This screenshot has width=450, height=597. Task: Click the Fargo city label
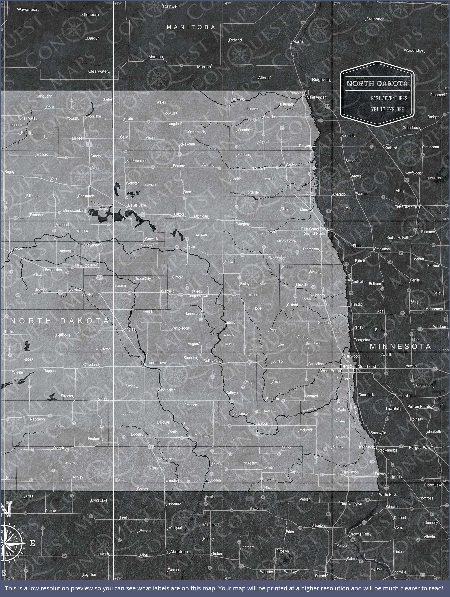click(x=346, y=366)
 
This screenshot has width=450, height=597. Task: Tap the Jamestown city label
click(x=156, y=363)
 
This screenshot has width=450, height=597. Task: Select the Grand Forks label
click(x=315, y=234)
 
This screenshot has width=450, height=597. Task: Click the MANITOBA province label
click(x=191, y=27)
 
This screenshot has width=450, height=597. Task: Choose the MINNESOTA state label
click(x=400, y=347)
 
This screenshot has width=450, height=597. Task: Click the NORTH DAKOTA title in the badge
click(x=377, y=83)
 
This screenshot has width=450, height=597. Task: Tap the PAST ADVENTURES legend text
click(x=389, y=98)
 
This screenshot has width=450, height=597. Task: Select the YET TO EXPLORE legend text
click(x=387, y=110)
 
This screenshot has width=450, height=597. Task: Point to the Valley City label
click(x=212, y=361)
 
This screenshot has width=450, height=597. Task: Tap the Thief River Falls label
click(x=407, y=207)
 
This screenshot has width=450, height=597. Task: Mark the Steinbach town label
click(x=375, y=19)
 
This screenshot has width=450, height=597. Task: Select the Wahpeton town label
click(x=366, y=447)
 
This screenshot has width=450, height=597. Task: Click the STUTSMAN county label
click(x=103, y=349)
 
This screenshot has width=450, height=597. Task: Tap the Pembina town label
click(x=296, y=93)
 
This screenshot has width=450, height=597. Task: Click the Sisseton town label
click(x=318, y=525)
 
